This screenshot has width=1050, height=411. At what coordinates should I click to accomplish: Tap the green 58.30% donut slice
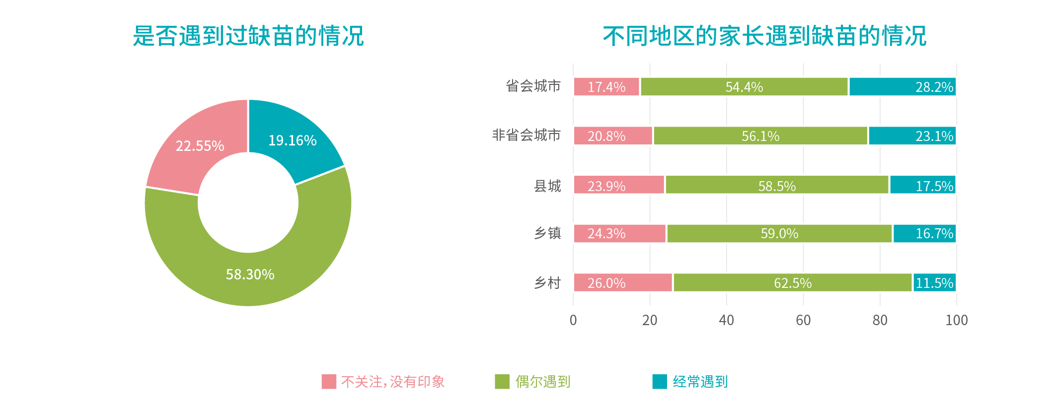(250, 274)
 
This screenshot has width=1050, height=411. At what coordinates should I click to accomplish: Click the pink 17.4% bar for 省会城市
(606, 87)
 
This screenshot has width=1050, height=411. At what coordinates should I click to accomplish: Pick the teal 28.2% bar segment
(902, 87)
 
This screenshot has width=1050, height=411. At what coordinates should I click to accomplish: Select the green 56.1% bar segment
(760, 136)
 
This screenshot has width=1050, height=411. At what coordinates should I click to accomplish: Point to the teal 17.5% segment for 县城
(922, 185)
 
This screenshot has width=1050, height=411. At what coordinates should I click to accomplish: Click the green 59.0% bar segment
(779, 234)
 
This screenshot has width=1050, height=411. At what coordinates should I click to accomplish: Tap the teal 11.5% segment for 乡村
(934, 283)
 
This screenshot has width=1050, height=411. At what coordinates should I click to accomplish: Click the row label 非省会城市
(526, 135)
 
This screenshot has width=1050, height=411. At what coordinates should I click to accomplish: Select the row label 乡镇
(547, 233)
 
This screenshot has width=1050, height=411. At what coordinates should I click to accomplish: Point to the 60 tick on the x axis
(803, 321)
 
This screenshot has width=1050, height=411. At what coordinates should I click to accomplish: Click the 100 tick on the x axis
(956, 321)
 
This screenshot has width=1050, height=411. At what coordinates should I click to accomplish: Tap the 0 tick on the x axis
(573, 321)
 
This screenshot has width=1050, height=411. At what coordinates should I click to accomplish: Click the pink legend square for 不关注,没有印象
(329, 382)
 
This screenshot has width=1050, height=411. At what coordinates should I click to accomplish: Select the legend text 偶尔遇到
(542, 382)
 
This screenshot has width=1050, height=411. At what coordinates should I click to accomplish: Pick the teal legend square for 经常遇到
(660, 382)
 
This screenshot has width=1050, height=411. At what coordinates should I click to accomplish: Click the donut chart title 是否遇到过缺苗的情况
(248, 36)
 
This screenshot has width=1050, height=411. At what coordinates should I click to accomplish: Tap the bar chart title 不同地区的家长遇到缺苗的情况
(764, 36)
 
